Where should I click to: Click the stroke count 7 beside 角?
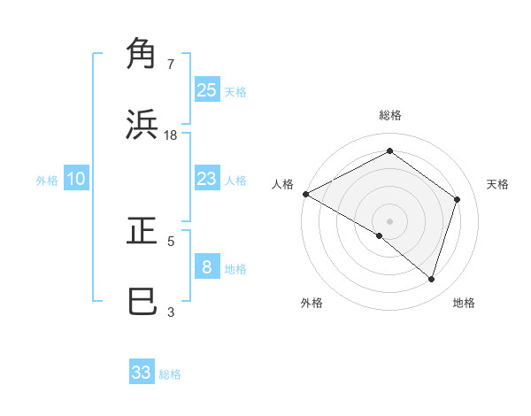click(x=171, y=65)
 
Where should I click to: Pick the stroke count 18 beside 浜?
click(x=171, y=135)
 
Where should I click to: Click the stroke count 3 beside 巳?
click(x=171, y=312)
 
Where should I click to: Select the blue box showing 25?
click(x=206, y=89)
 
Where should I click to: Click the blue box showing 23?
click(x=206, y=179)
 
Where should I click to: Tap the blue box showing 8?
click(x=206, y=267)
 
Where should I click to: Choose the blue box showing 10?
click(x=76, y=179)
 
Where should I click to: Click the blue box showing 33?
click(x=142, y=373)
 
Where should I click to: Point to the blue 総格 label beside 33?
click(x=170, y=374)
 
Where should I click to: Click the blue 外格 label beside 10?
click(x=47, y=181)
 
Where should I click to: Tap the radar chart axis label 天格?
click(x=497, y=184)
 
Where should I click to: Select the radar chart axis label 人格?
click(x=282, y=184)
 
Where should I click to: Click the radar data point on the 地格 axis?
click(x=431, y=279)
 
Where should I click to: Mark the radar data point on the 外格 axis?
click(x=380, y=235)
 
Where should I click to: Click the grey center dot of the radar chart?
click(x=389, y=220)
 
